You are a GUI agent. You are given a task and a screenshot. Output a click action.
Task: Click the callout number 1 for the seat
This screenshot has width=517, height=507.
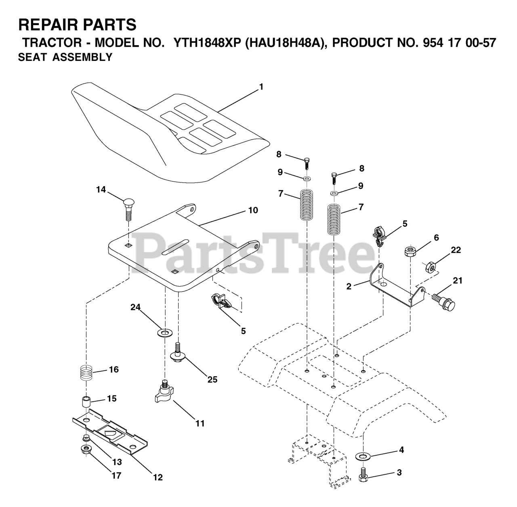(261, 86)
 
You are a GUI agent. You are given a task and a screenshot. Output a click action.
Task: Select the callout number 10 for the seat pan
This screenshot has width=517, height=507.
(253, 210)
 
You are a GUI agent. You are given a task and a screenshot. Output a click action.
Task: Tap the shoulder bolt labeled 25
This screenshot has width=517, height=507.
(177, 352)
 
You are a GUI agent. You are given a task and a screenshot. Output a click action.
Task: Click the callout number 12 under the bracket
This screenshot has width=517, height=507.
(158, 477)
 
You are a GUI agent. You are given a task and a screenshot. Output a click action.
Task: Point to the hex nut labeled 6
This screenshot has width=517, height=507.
(410, 251)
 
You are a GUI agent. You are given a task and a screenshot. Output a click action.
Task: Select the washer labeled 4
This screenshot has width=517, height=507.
(362, 456)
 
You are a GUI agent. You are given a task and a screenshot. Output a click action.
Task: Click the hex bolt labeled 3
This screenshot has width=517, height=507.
(362, 474)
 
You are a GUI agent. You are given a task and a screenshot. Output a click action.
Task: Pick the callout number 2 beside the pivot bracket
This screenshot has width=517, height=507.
(349, 286)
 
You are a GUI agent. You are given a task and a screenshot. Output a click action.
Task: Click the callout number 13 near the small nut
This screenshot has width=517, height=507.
(117, 462)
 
